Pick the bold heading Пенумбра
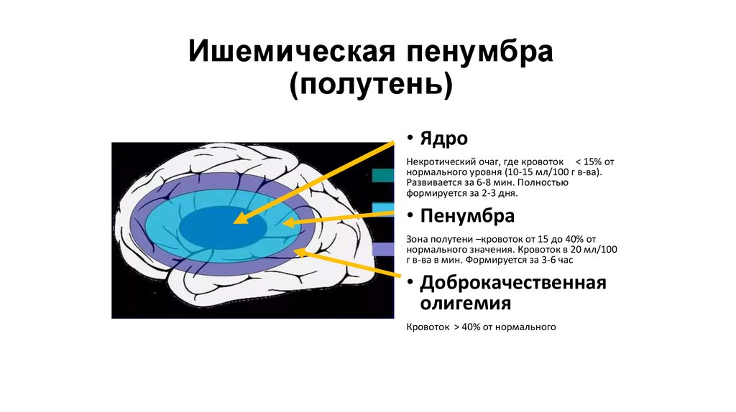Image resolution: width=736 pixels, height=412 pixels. (468, 216)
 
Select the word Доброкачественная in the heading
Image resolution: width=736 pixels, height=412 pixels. (513, 282)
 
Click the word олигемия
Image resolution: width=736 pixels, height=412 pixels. (465, 304)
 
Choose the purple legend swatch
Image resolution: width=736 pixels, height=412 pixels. (383, 249)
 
